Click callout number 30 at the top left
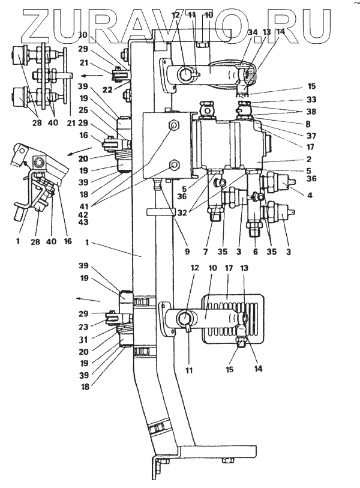point(82,35)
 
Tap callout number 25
point(83,110)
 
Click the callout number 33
point(311,99)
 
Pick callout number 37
point(311,136)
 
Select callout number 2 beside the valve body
point(308,159)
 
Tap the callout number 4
point(310,196)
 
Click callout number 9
point(187,252)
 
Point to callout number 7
point(205,252)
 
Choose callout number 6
point(256,252)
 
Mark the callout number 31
point(83,340)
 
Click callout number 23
point(83,327)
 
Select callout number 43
point(83,222)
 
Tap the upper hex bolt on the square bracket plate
point(173,125)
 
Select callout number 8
point(308,124)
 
